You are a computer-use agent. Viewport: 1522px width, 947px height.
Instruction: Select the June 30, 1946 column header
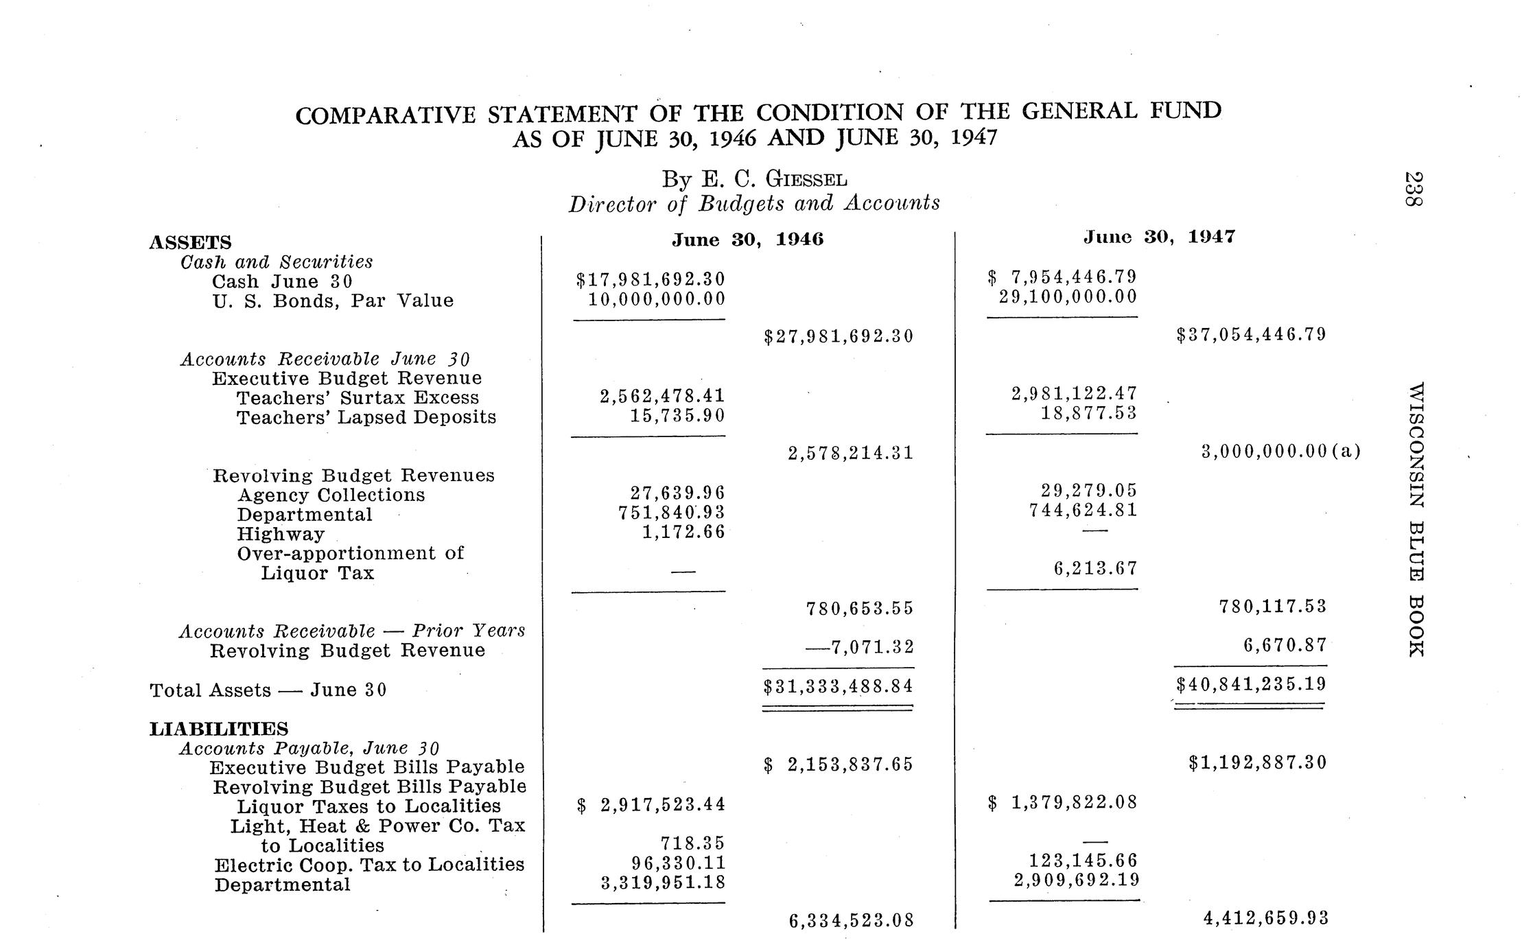click(747, 239)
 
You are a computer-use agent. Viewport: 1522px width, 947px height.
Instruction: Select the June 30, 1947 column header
click(1159, 237)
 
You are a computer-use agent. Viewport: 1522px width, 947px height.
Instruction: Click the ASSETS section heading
click(190, 243)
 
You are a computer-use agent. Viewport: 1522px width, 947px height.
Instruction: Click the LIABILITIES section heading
click(219, 729)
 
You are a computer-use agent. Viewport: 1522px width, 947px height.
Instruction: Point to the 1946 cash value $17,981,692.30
click(650, 279)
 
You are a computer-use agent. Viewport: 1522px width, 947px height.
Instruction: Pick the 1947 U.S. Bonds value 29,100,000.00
click(1068, 297)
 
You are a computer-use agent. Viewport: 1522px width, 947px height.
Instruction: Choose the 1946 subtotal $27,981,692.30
click(839, 336)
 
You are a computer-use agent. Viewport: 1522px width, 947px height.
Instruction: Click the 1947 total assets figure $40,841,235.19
click(1251, 684)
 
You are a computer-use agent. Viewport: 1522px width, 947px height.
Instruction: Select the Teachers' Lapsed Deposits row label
click(366, 417)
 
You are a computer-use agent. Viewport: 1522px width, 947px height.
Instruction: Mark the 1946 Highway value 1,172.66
click(683, 532)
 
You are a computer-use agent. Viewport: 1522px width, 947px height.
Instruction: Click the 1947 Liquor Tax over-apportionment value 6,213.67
click(1095, 568)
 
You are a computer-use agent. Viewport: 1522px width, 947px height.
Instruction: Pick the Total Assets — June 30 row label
click(268, 690)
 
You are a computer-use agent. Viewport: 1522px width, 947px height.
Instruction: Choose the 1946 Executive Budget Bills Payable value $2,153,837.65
click(839, 764)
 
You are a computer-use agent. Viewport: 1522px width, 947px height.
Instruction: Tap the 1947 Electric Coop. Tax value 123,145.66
click(1084, 861)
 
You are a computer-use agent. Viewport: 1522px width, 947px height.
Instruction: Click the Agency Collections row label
click(331, 495)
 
